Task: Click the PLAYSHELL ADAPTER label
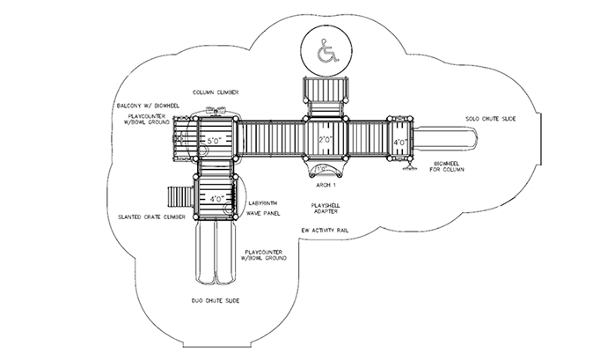point(325,209)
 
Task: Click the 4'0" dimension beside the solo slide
point(399,143)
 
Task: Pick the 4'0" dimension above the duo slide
point(214,199)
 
